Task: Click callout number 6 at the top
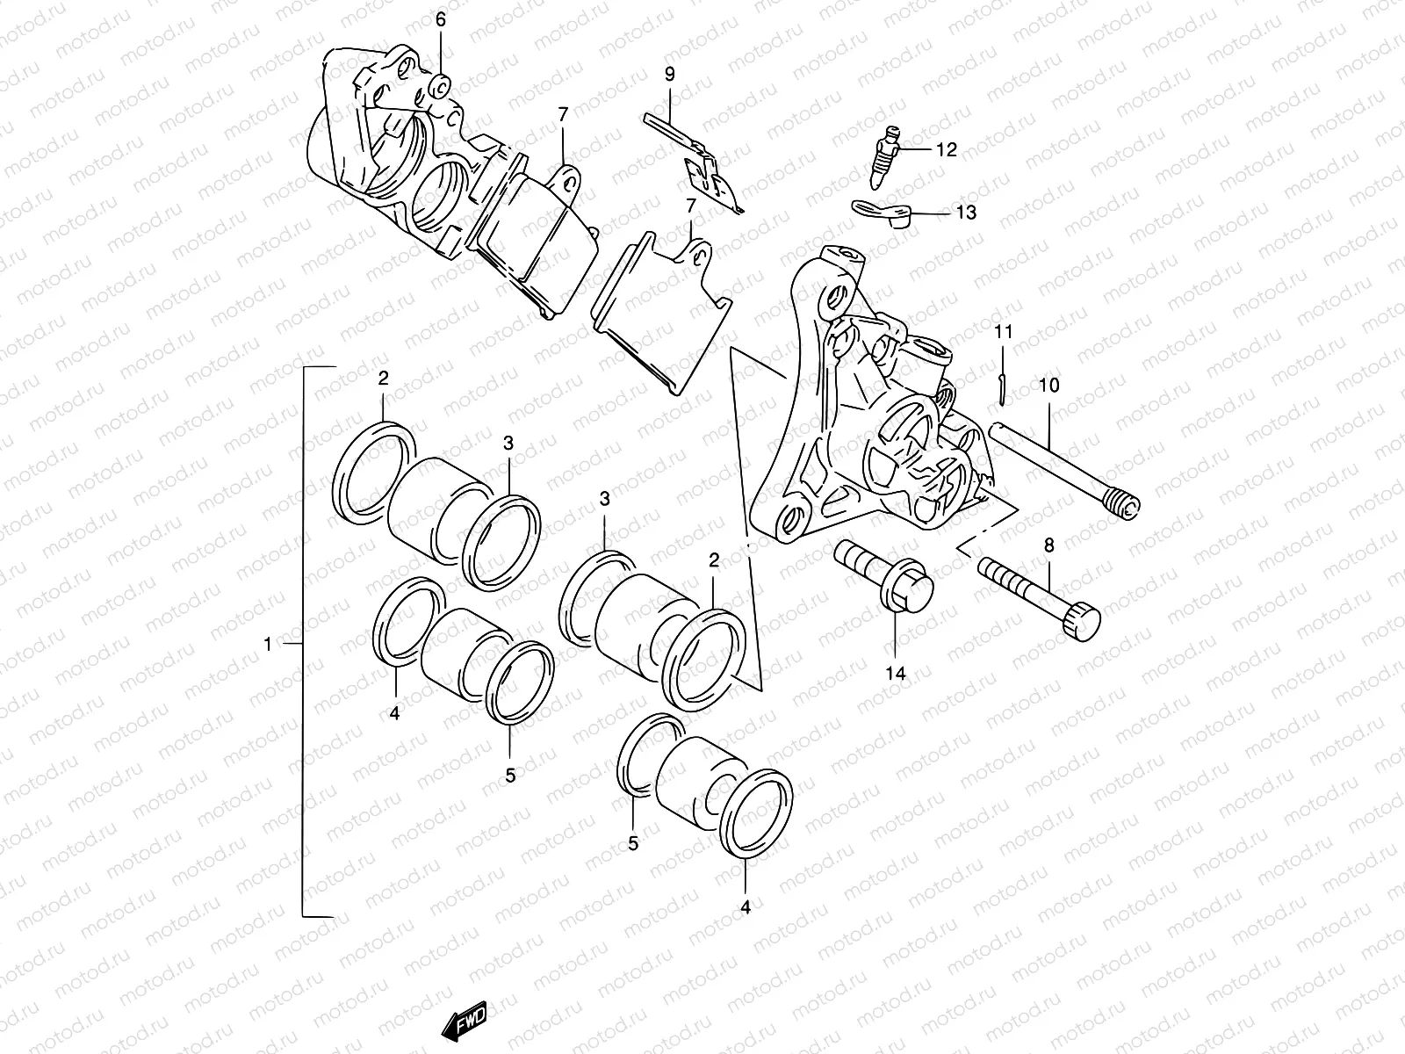(440, 18)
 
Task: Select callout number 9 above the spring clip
(669, 74)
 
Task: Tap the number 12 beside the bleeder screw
(946, 150)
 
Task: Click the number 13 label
(966, 213)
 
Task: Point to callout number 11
(1004, 332)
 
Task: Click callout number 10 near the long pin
(1048, 385)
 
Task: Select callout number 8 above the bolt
(1048, 545)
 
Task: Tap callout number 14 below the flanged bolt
(895, 674)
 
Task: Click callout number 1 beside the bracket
(268, 645)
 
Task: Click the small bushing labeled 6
(441, 86)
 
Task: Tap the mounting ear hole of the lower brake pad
(699, 259)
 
